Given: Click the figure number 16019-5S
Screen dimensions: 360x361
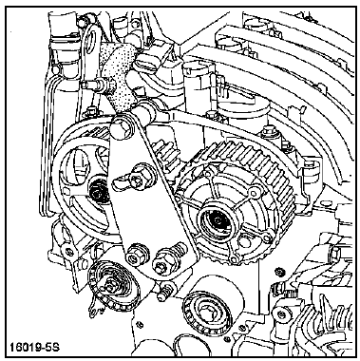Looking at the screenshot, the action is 34,348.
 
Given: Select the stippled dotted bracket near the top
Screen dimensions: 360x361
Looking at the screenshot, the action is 118,76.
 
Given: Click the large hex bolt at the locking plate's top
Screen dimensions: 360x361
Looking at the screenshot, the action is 122,127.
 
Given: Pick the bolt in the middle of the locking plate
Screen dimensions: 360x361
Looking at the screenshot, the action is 140,179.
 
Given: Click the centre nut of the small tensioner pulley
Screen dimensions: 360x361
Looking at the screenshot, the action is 111,287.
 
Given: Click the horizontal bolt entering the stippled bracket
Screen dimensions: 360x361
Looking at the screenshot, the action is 94,85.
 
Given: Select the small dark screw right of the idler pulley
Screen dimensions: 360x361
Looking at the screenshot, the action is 279,271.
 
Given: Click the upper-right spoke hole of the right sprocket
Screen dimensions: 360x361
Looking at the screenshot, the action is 254,192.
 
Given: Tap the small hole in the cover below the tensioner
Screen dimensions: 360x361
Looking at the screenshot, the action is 139,325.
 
